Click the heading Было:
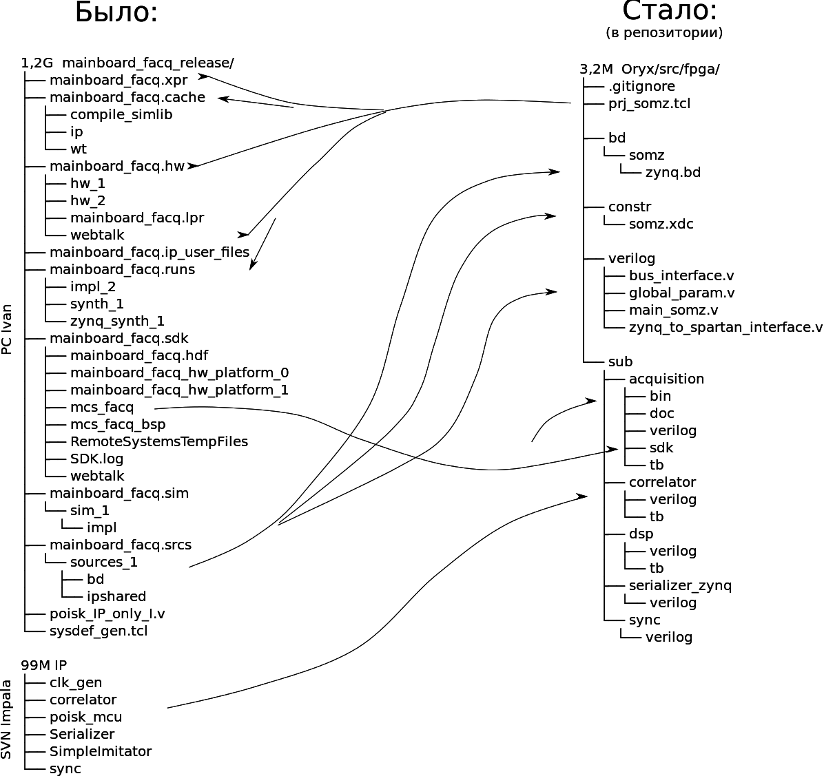pyautogui.click(x=116, y=12)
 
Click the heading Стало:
pyautogui.click(x=670, y=11)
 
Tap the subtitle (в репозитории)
pyautogui.click(x=664, y=32)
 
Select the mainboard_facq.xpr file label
pyautogui.click(x=118, y=80)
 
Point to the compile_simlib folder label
pyautogui.click(x=121, y=114)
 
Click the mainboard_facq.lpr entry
pyautogui.click(x=136, y=218)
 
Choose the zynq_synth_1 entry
pyautogui.click(x=117, y=321)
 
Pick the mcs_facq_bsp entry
pyautogui.click(x=118, y=424)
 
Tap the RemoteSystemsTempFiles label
pyautogui.click(x=158, y=441)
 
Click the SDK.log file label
pyautogui.click(x=96, y=459)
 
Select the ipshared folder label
pyautogui.click(x=116, y=596)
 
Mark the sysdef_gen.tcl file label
pyautogui.click(x=99, y=631)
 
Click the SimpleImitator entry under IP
pyautogui.click(x=100, y=751)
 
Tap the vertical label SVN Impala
pyautogui.click(x=8, y=720)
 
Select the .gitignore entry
pyautogui.click(x=641, y=86)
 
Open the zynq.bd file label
pyautogui.click(x=672, y=172)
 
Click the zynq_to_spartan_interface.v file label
pyautogui.click(x=725, y=327)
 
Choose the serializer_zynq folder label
pyautogui.click(x=680, y=585)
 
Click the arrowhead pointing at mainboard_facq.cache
pyautogui.click(x=222, y=98)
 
